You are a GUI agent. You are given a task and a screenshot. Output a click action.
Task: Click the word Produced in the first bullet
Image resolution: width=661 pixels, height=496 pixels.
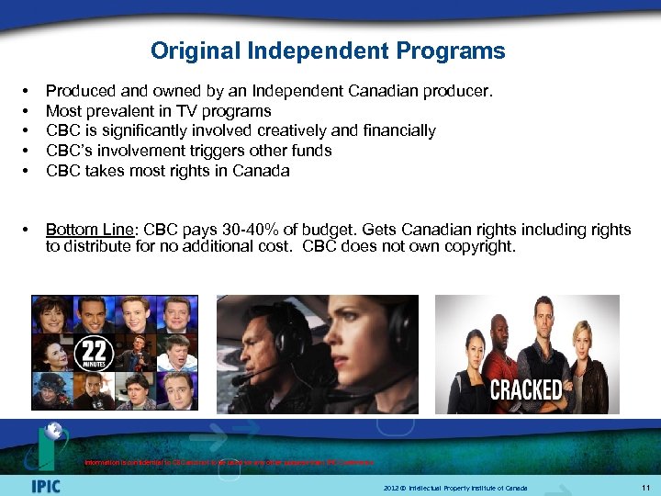79,92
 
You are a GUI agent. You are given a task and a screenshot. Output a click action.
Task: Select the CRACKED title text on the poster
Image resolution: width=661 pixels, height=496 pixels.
526,389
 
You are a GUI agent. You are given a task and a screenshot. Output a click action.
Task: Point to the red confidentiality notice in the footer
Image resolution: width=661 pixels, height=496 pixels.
225,462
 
